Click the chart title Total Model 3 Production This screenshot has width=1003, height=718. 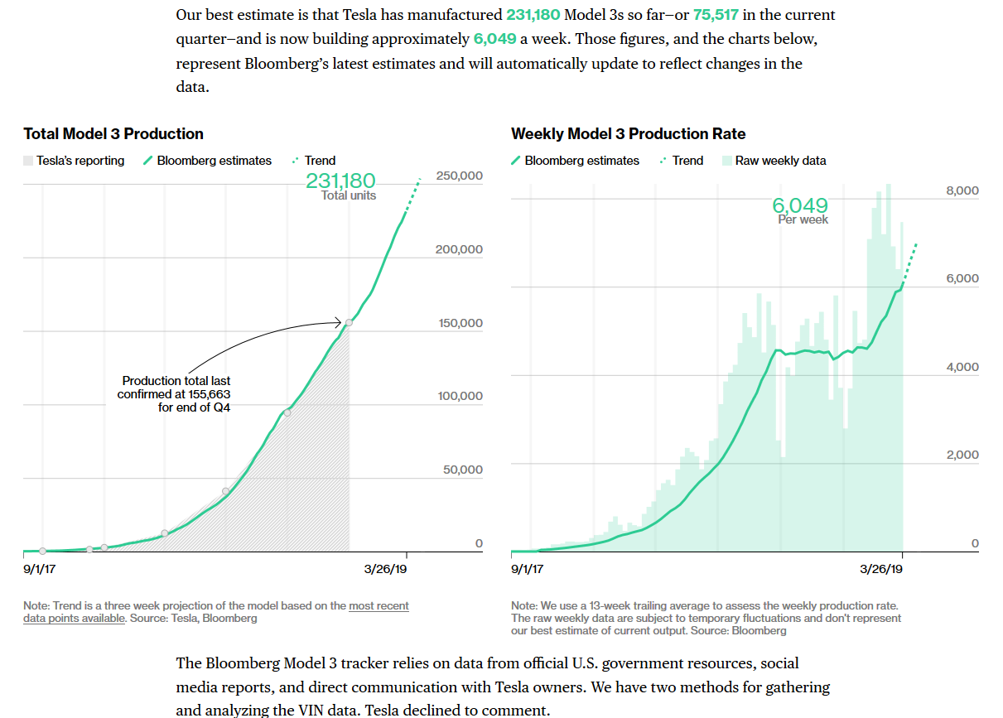point(113,134)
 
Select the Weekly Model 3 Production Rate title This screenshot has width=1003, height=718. point(628,134)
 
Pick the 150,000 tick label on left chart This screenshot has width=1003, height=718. point(461,323)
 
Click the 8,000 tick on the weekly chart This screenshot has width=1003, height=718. point(962,190)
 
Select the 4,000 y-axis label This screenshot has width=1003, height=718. point(962,367)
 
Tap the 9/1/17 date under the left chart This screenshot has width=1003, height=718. point(40,570)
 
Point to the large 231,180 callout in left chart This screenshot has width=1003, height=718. point(340,181)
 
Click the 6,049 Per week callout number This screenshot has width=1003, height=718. point(800,205)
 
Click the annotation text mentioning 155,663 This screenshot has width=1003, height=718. point(176,394)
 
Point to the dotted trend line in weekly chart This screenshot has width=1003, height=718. point(910,263)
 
